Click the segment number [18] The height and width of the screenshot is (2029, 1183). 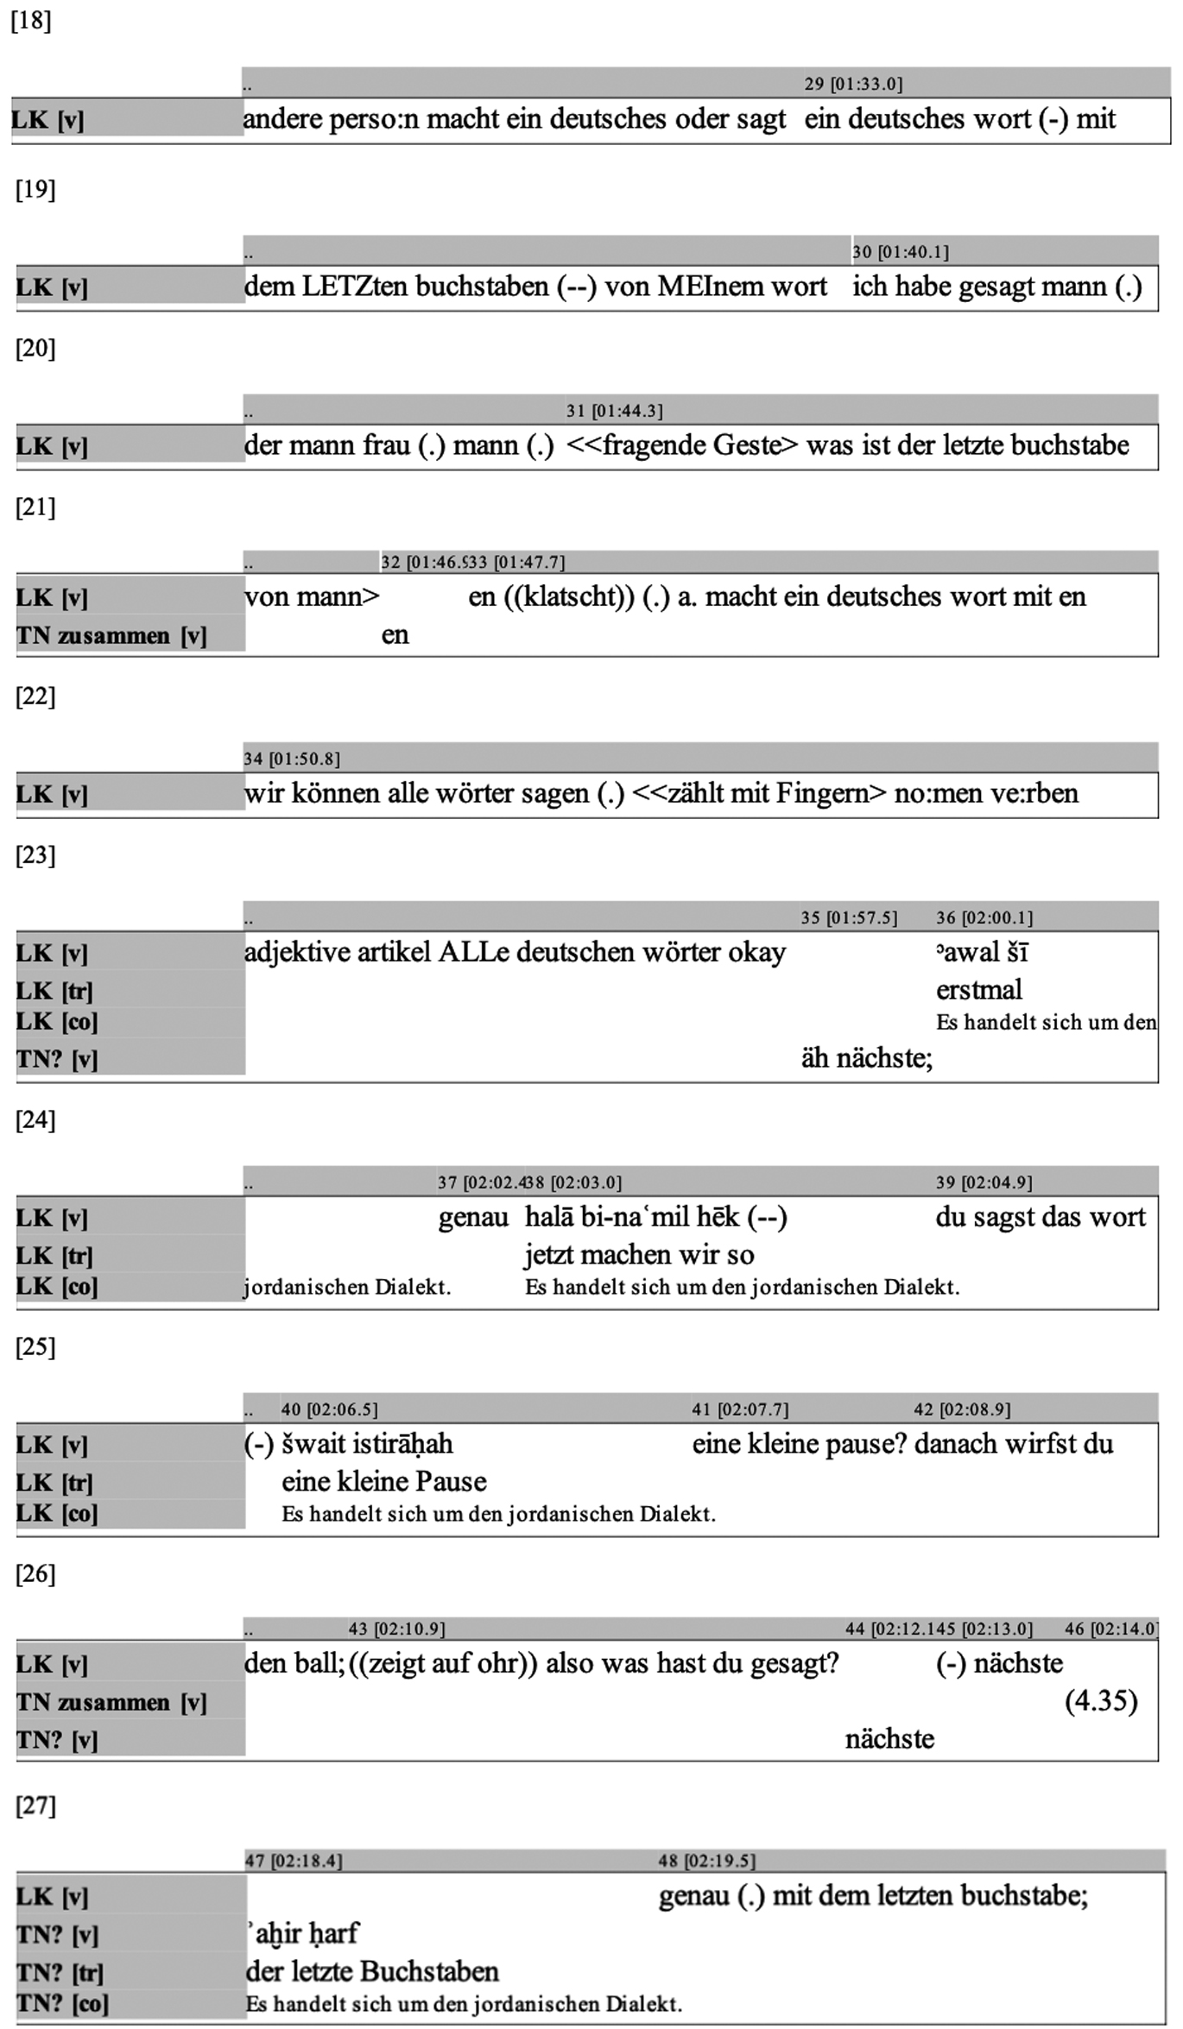[31, 21]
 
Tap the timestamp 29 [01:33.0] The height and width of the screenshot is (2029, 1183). [853, 84]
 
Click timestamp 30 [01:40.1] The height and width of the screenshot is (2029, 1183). [900, 252]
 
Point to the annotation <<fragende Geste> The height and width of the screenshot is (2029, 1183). [682, 445]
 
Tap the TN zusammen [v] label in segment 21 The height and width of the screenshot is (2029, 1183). [111, 636]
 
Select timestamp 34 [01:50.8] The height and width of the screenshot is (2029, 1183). [292, 759]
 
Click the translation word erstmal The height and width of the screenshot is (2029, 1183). [978, 990]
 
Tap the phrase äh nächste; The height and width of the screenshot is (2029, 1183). [866, 1058]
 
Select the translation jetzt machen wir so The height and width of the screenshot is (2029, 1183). [639, 1255]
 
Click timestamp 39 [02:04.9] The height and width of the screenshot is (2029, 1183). [984, 1182]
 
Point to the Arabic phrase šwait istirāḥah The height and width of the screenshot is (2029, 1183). [367, 1444]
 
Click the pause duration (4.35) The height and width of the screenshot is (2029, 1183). [1101, 1701]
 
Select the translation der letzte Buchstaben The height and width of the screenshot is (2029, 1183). [372, 1971]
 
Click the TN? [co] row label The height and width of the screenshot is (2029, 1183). [62, 2004]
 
